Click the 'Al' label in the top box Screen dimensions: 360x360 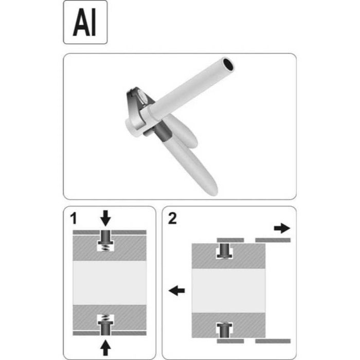[84, 22]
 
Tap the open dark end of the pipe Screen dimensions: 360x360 [228, 64]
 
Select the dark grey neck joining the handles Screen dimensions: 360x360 [161, 132]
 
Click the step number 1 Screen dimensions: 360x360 [74, 218]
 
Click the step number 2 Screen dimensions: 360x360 [172, 219]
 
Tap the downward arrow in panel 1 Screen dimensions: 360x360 [105, 218]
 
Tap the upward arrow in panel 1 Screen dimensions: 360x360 [105, 348]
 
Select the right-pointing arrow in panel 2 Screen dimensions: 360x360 [282, 228]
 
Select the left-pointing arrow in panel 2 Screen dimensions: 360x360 [177, 291]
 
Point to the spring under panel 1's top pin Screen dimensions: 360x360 [105, 248]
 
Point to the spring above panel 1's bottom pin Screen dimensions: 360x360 [105, 318]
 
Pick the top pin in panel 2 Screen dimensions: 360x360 [224, 250]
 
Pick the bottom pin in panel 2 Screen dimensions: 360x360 [224, 330]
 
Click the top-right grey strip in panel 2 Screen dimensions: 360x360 [273, 240]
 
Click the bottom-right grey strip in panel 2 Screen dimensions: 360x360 [273, 341]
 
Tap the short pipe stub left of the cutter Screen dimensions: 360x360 [133, 128]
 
